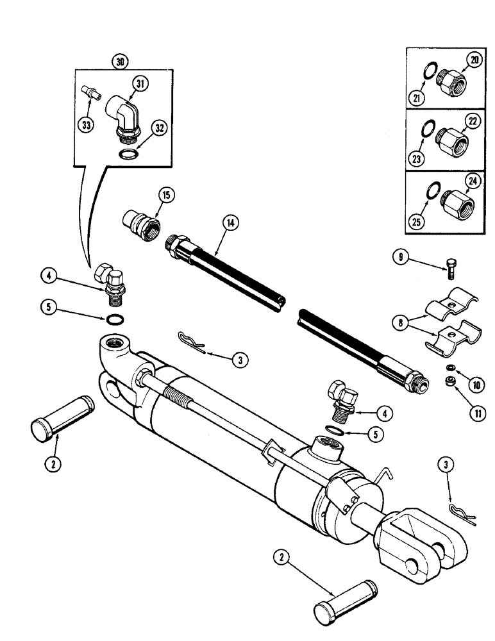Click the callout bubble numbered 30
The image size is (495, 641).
point(119,62)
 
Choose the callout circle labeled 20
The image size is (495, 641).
point(474,62)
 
